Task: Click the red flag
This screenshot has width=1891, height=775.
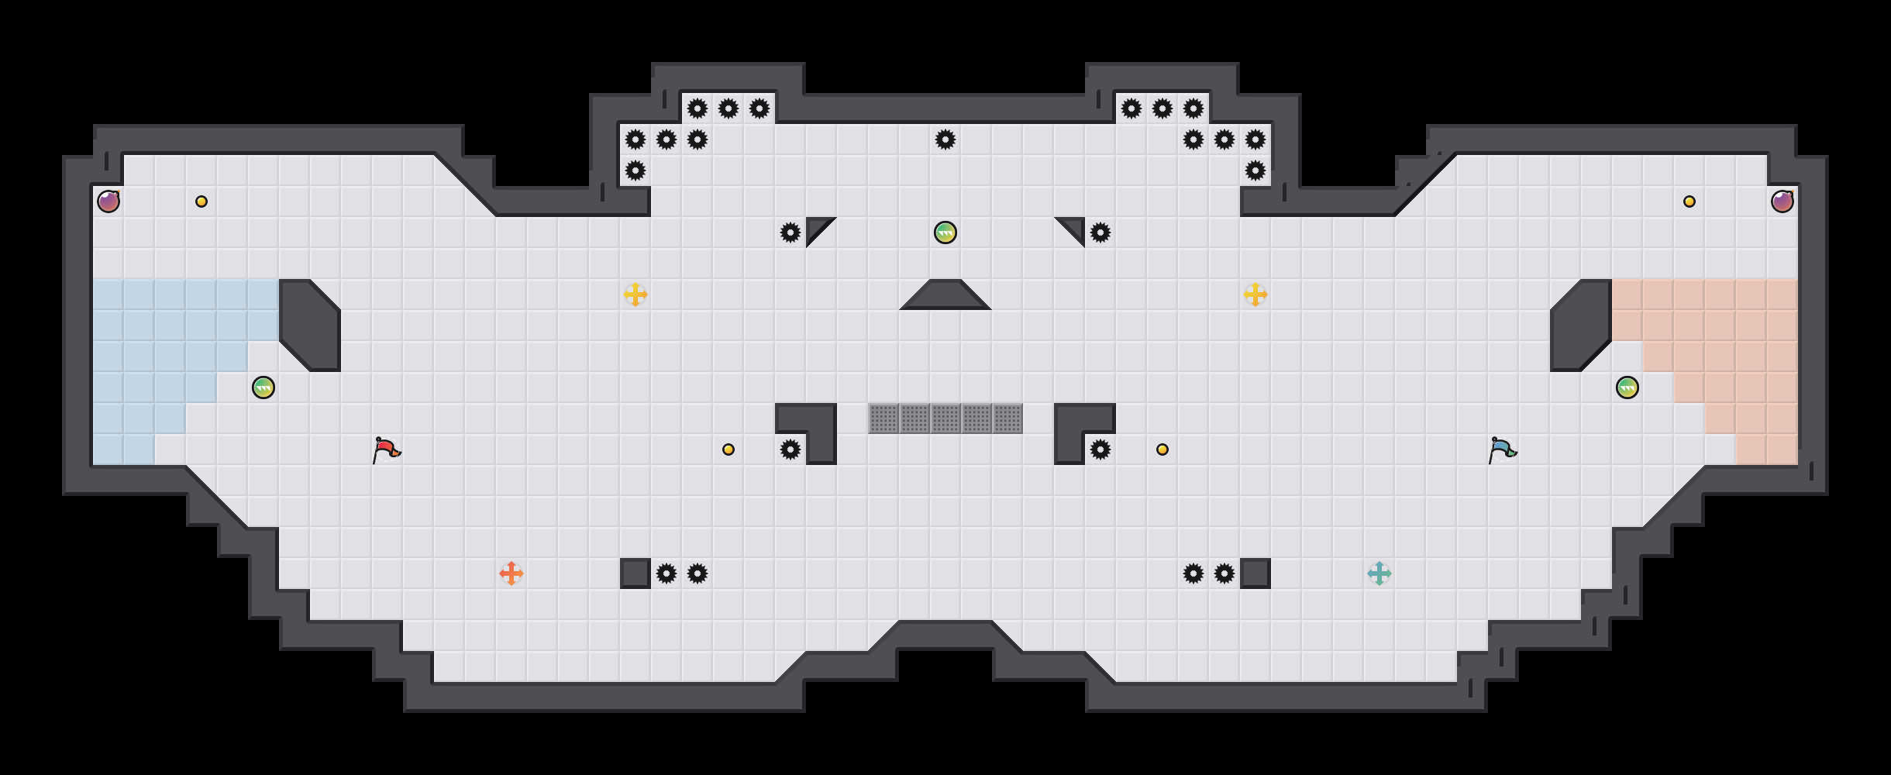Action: click(385, 449)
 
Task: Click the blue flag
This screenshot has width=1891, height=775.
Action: click(1501, 449)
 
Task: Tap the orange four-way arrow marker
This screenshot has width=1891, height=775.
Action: click(511, 573)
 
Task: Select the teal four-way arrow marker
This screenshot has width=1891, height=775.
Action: click(1379, 573)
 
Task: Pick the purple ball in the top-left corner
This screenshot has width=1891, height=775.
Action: click(108, 201)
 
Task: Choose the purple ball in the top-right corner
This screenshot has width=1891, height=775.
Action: click(1782, 201)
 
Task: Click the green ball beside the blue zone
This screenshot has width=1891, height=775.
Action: click(263, 387)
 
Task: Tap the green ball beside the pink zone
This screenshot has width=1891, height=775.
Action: click(1627, 387)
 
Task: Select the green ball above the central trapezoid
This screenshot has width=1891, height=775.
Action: click(945, 232)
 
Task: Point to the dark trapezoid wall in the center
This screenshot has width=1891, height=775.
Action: click(945, 296)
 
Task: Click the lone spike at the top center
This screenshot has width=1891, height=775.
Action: click(945, 139)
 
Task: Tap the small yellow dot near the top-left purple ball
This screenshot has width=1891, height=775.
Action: click(201, 201)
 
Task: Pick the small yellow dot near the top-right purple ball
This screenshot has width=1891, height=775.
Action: click(1689, 201)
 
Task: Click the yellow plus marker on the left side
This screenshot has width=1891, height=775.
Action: click(635, 294)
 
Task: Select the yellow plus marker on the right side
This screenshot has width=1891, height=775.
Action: click(1255, 294)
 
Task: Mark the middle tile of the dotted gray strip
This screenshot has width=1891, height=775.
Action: click(945, 418)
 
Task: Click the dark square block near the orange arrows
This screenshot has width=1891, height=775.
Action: click(635, 573)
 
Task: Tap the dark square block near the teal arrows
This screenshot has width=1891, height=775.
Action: click(1255, 573)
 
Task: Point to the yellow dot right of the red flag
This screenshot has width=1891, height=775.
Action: click(728, 449)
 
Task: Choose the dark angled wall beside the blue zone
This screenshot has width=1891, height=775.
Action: click(310, 325)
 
